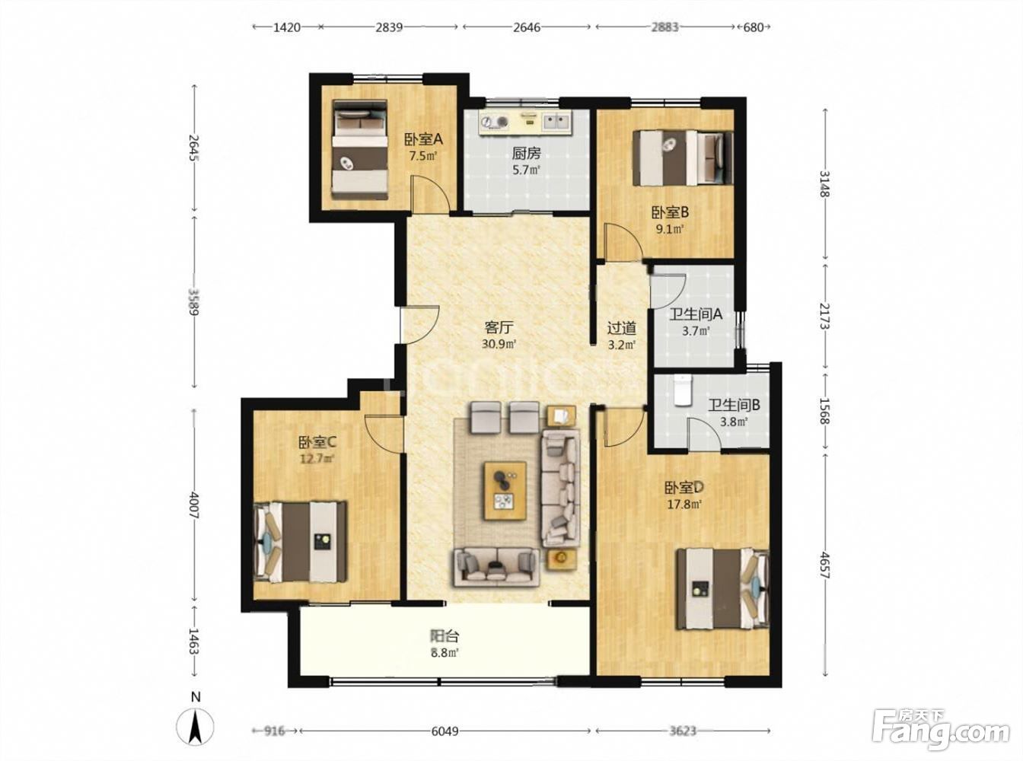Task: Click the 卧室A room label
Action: [x=423, y=139]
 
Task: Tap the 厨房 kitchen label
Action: [x=526, y=153]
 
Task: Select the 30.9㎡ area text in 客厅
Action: [x=499, y=344]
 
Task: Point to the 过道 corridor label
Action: [x=621, y=329]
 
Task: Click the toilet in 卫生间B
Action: [x=683, y=390]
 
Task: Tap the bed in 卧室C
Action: [x=300, y=542]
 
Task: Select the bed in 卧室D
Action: [x=722, y=588]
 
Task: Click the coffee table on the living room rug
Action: [x=505, y=491]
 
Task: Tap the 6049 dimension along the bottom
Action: [x=445, y=732]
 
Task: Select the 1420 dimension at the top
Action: [x=287, y=27]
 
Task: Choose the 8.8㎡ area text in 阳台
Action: [x=445, y=653]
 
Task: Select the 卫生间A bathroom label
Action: [x=696, y=314]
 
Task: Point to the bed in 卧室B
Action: [x=683, y=158]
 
